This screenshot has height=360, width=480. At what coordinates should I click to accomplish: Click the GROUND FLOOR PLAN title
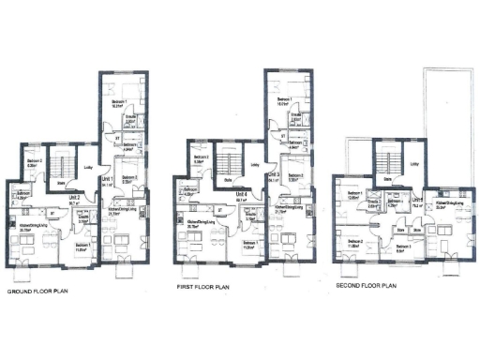(41, 292)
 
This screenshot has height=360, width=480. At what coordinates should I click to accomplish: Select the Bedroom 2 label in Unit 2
(34, 161)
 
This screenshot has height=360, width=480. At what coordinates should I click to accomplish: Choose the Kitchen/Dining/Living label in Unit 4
(196, 224)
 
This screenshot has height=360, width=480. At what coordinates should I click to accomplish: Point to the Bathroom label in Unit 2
(22, 195)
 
